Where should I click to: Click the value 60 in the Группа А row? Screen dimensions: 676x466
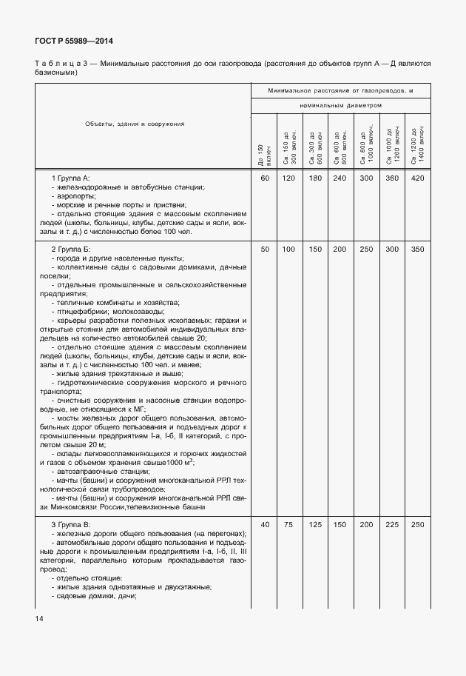tap(264, 178)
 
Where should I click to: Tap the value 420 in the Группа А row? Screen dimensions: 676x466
tap(417, 178)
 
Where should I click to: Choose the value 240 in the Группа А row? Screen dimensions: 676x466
tap(340, 178)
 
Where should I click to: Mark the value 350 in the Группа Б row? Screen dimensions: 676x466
tap(417, 249)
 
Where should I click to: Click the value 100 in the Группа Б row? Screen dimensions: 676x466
tap(289, 249)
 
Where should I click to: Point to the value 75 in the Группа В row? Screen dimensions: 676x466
tap(289, 524)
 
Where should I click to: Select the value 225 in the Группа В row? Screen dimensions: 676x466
tap(392, 524)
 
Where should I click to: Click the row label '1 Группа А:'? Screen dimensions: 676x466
tap(70, 179)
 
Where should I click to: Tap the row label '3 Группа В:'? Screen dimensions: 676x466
tap(70, 524)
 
